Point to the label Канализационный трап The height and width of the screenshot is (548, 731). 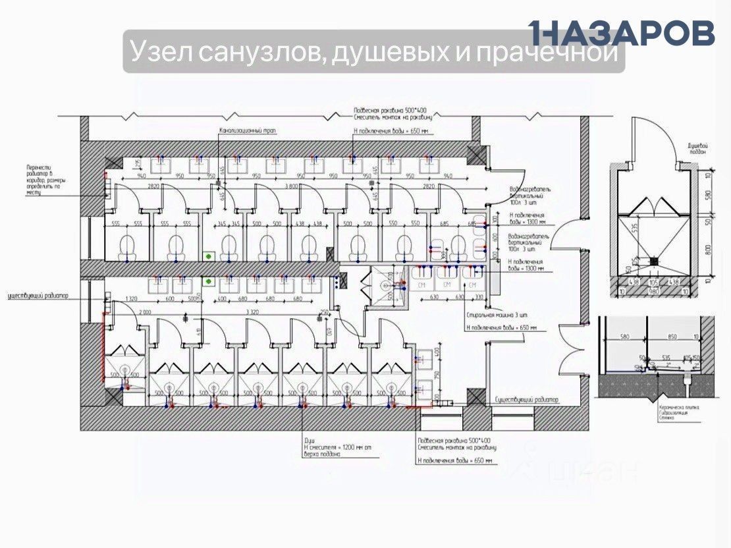pos(248,131)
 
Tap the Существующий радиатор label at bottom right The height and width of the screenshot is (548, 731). pos(526,400)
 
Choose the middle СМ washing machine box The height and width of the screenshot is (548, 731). pos(447,285)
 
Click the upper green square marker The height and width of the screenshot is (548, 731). pos(209,255)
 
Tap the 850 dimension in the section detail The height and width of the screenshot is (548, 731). pos(672,337)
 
